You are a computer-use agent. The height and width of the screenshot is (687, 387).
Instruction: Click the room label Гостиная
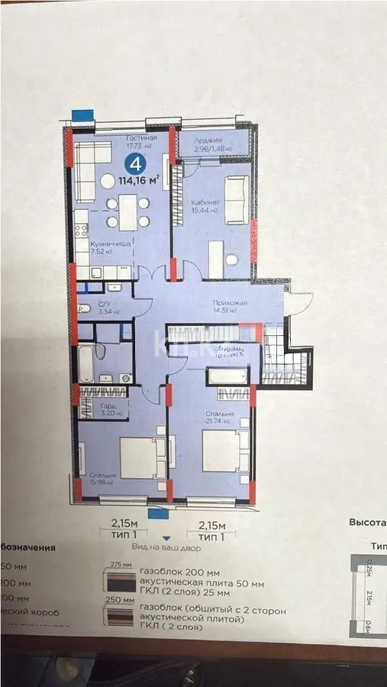click(x=141, y=138)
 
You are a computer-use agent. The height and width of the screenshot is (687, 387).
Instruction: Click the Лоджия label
click(x=207, y=141)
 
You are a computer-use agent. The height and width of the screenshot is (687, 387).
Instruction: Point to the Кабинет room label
click(x=203, y=202)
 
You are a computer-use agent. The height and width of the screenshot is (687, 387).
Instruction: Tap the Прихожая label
click(x=230, y=303)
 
